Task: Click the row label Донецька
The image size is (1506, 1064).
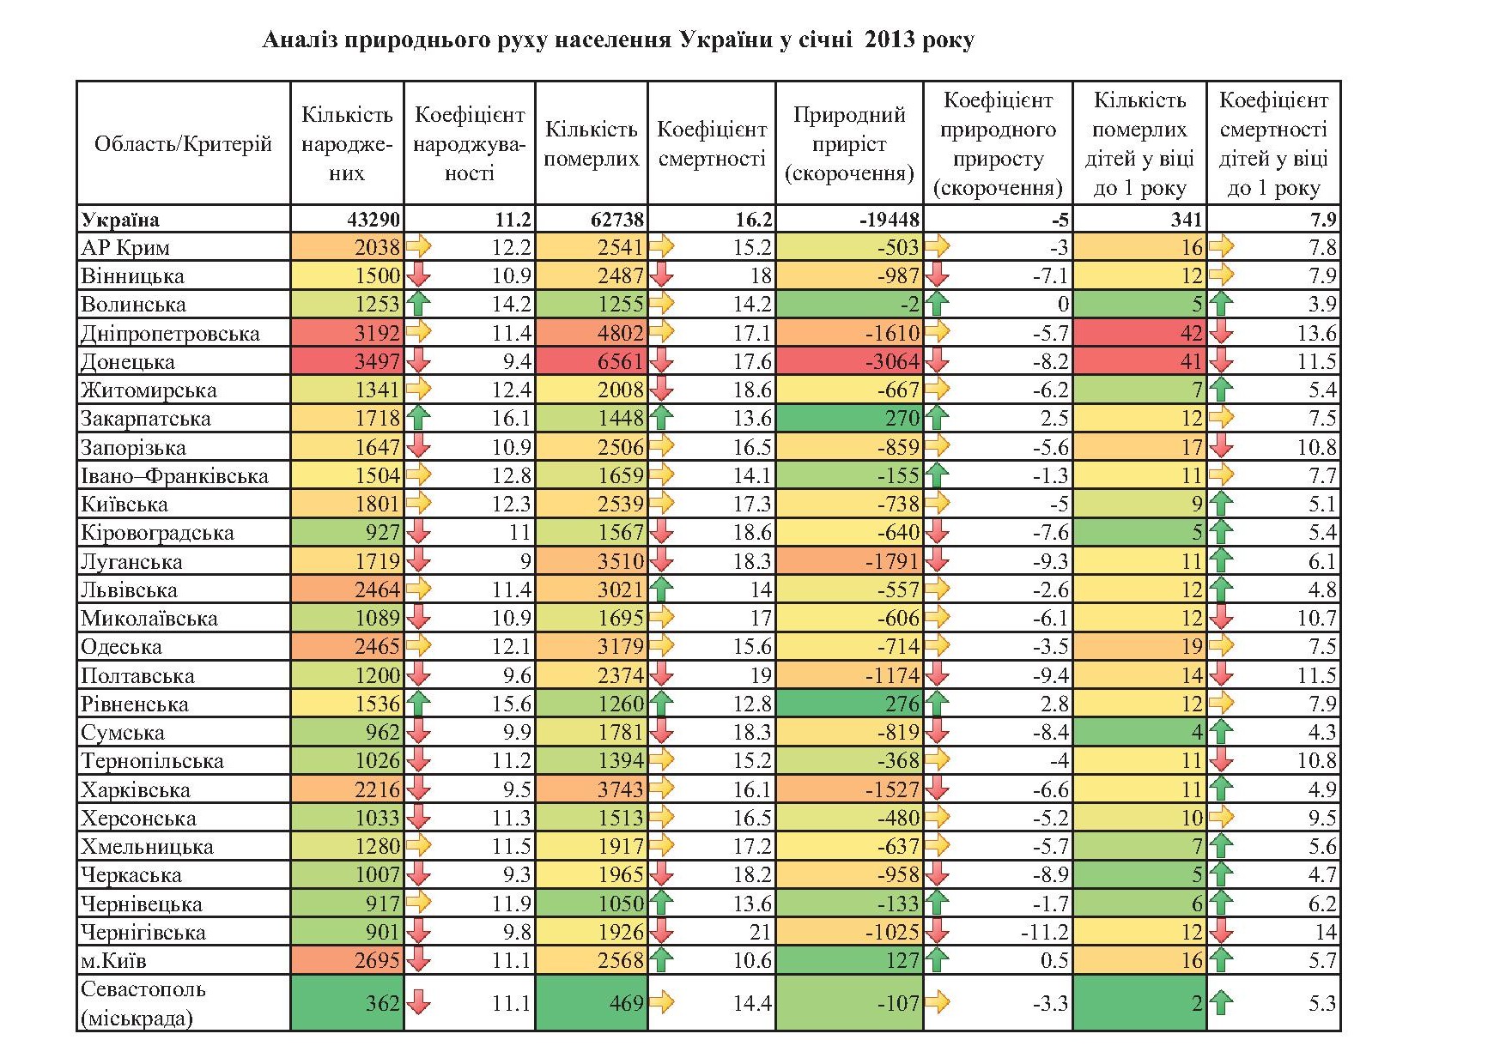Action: (x=128, y=362)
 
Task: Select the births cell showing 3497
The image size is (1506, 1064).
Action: (x=377, y=362)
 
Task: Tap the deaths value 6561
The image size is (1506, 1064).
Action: (x=620, y=362)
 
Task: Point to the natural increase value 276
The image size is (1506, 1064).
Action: (x=902, y=704)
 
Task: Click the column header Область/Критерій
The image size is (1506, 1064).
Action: (x=183, y=143)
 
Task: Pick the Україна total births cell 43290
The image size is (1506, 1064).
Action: (x=373, y=220)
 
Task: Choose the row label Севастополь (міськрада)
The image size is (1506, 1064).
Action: (x=143, y=1003)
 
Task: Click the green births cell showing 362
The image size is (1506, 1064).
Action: (x=382, y=1003)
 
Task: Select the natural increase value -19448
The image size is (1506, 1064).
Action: (x=889, y=220)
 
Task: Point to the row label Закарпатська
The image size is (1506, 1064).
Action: (x=145, y=419)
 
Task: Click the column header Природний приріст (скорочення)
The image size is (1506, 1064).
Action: (x=848, y=143)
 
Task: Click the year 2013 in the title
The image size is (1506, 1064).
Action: (x=888, y=40)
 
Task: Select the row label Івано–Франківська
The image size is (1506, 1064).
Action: (x=174, y=476)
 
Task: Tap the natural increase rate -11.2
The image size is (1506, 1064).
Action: (x=1044, y=933)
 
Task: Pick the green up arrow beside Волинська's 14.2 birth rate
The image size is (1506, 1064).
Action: (x=418, y=305)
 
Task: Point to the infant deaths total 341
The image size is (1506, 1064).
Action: (x=1186, y=220)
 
